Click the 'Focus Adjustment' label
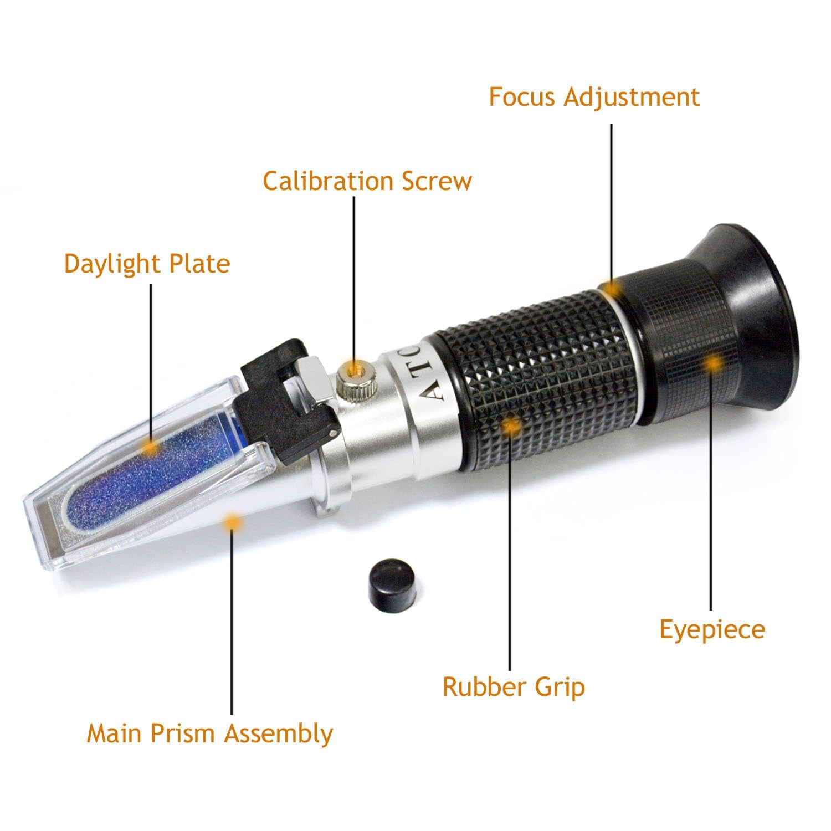tap(594, 97)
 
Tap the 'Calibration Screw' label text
tap(367, 181)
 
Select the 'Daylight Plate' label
tap(147, 263)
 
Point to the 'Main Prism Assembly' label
tap(209, 733)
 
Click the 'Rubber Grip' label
tap(514, 687)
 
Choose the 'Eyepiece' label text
tap(712, 630)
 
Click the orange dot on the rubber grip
tap(510, 425)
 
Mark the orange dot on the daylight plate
tap(150, 447)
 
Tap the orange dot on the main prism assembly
tap(232, 521)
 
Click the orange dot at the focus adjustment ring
tap(612, 289)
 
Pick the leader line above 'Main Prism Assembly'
tap(232, 620)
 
